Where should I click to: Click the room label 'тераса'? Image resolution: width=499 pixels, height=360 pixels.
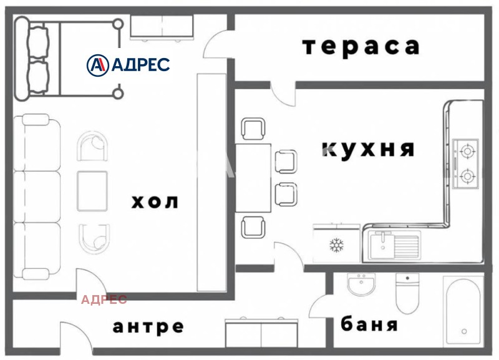pos(361,47)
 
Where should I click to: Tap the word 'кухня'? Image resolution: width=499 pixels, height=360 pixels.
pos(368,150)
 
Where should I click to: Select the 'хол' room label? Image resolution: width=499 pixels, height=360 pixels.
pos(155,202)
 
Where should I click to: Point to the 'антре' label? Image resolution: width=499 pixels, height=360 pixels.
pos(148,326)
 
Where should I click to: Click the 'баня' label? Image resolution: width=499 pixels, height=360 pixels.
pos(369,325)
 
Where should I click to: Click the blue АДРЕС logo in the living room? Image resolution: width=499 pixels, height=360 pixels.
pos(128,64)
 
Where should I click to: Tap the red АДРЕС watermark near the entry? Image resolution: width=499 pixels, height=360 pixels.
pos(104,299)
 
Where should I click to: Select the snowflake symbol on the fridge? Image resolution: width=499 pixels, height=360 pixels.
pos(336,245)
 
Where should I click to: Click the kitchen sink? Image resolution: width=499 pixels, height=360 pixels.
pos(394,244)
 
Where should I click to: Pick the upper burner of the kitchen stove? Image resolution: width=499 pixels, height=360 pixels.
pos(465,150)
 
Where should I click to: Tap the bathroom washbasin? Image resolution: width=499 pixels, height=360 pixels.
pos(360,288)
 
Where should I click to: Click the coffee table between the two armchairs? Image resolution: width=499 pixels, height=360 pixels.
pos(93,190)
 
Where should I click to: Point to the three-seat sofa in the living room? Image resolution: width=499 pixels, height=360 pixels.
pos(38,197)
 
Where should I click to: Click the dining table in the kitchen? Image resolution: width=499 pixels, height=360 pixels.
pos(253,178)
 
